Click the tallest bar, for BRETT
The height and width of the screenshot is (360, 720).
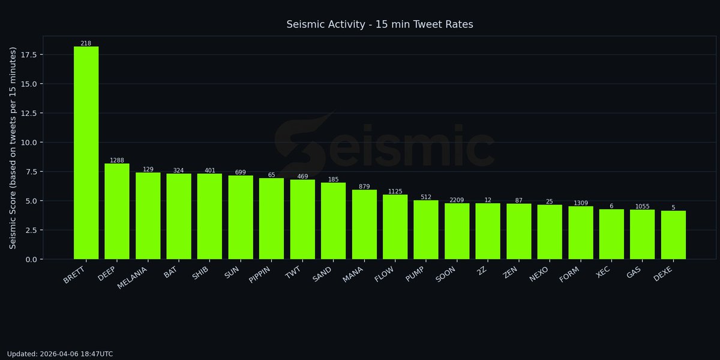pos(86,153)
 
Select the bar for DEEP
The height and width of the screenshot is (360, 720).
pos(117,211)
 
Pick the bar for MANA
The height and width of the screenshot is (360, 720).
pos(364,224)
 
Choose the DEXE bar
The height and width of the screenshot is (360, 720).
pos(673,235)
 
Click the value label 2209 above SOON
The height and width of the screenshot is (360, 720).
pos(457,200)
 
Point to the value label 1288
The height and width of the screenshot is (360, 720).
pos(117,161)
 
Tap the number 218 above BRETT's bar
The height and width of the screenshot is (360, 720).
pos(86,44)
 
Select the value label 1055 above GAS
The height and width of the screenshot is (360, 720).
pos(642,206)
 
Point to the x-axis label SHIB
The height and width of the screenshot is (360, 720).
pos(198,274)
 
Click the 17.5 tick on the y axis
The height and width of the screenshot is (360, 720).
pos(28,55)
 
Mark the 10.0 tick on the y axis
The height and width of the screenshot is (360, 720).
pos(28,142)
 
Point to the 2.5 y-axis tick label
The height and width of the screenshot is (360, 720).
pos(30,230)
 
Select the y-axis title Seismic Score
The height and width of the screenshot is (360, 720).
pos(13,148)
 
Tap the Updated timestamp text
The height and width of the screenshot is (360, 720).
pos(60,354)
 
